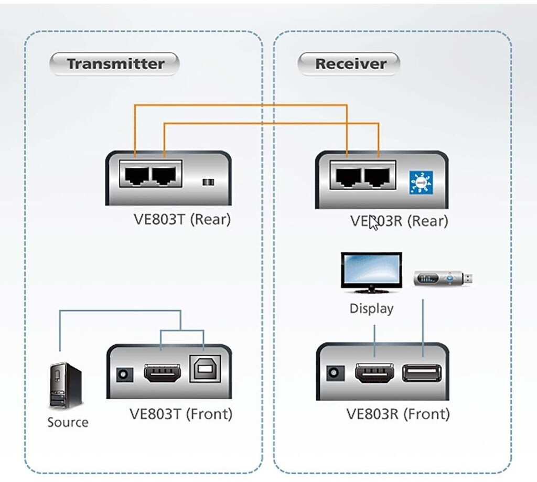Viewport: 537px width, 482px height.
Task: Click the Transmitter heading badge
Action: (x=115, y=64)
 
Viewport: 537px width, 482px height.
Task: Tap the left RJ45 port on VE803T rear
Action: (x=136, y=174)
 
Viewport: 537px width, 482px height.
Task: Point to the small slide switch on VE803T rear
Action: (x=209, y=182)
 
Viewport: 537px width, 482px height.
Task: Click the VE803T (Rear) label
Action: (x=182, y=219)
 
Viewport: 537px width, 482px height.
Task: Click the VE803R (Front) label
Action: (x=398, y=414)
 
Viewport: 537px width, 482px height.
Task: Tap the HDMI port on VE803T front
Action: (x=163, y=373)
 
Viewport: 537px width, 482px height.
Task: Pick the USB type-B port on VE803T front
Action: (x=204, y=370)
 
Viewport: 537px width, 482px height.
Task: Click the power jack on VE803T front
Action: (x=124, y=375)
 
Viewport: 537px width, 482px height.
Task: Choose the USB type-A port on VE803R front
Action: (x=422, y=373)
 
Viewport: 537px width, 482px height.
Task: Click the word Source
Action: (x=68, y=422)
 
